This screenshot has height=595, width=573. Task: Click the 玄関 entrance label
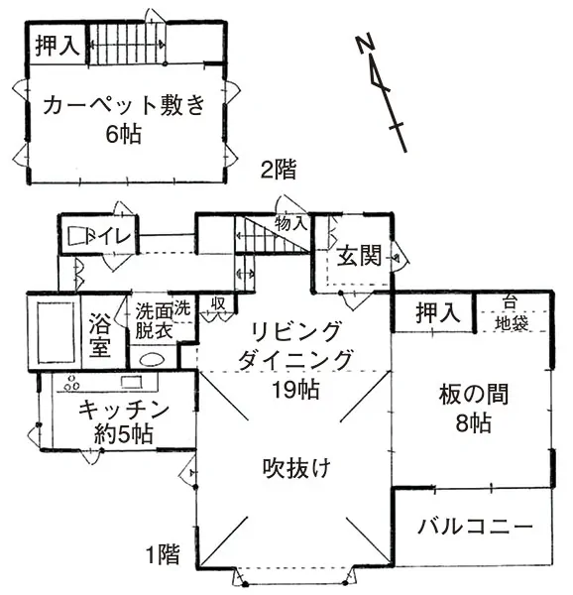click(x=359, y=255)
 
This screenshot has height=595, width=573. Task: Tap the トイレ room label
click(x=109, y=236)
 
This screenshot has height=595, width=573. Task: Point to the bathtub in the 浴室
click(x=56, y=332)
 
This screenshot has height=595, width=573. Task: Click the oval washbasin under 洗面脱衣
click(x=152, y=359)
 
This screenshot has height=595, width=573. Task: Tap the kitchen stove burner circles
click(x=71, y=383)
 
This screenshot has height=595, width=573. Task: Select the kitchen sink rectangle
click(x=131, y=382)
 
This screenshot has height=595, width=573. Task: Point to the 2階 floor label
click(x=278, y=169)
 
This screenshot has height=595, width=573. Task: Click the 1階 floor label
click(x=163, y=554)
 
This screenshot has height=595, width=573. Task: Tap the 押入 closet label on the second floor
click(x=57, y=46)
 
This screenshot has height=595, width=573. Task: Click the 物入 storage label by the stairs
click(x=290, y=223)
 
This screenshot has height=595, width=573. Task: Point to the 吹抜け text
click(x=296, y=467)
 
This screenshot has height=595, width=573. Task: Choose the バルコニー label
click(x=475, y=527)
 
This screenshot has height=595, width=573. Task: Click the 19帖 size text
click(x=296, y=389)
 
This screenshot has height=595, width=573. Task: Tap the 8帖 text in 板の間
click(x=473, y=423)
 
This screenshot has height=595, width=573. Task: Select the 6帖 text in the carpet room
click(x=124, y=134)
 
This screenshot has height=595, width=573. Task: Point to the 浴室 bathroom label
click(x=100, y=335)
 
